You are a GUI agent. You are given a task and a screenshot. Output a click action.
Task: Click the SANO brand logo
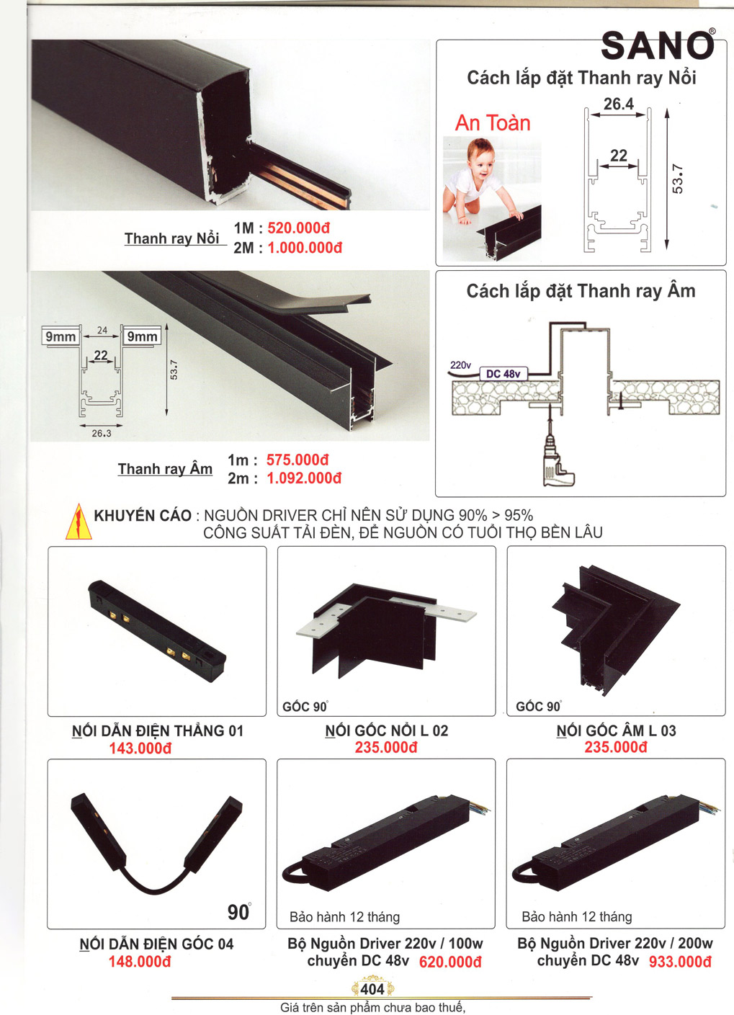tap(658, 45)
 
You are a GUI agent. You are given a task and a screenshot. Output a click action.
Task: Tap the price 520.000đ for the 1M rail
tap(299, 228)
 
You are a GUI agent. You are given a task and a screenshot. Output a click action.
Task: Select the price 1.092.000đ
tap(304, 478)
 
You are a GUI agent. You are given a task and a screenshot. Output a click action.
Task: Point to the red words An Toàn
tap(493, 122)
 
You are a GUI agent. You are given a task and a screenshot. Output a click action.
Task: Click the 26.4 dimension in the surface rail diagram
tap(619, 104)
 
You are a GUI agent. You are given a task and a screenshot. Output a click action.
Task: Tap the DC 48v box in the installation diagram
tap(503, 374)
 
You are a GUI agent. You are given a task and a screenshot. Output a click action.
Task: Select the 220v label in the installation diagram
tap(460, 365)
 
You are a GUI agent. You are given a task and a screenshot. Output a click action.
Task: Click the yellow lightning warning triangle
tap(79, 522)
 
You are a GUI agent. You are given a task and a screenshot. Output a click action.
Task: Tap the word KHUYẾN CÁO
tap(143, 516)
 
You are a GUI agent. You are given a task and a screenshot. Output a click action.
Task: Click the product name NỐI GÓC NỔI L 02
tap(387, 730)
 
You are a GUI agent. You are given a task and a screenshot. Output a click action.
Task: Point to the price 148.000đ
tap(140, 961)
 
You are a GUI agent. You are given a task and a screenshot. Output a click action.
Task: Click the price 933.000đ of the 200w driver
tap(680, 961)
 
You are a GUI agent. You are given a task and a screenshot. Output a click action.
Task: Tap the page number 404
tap(372, 988)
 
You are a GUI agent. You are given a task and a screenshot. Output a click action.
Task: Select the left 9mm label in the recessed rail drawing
tap(61, 336)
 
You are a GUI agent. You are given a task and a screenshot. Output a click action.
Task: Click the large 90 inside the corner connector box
tap(238, 912)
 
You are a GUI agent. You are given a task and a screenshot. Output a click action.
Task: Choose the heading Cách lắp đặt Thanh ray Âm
tap(581, 291)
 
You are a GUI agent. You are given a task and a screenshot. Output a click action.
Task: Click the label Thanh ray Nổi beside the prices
tap(171, 238)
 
